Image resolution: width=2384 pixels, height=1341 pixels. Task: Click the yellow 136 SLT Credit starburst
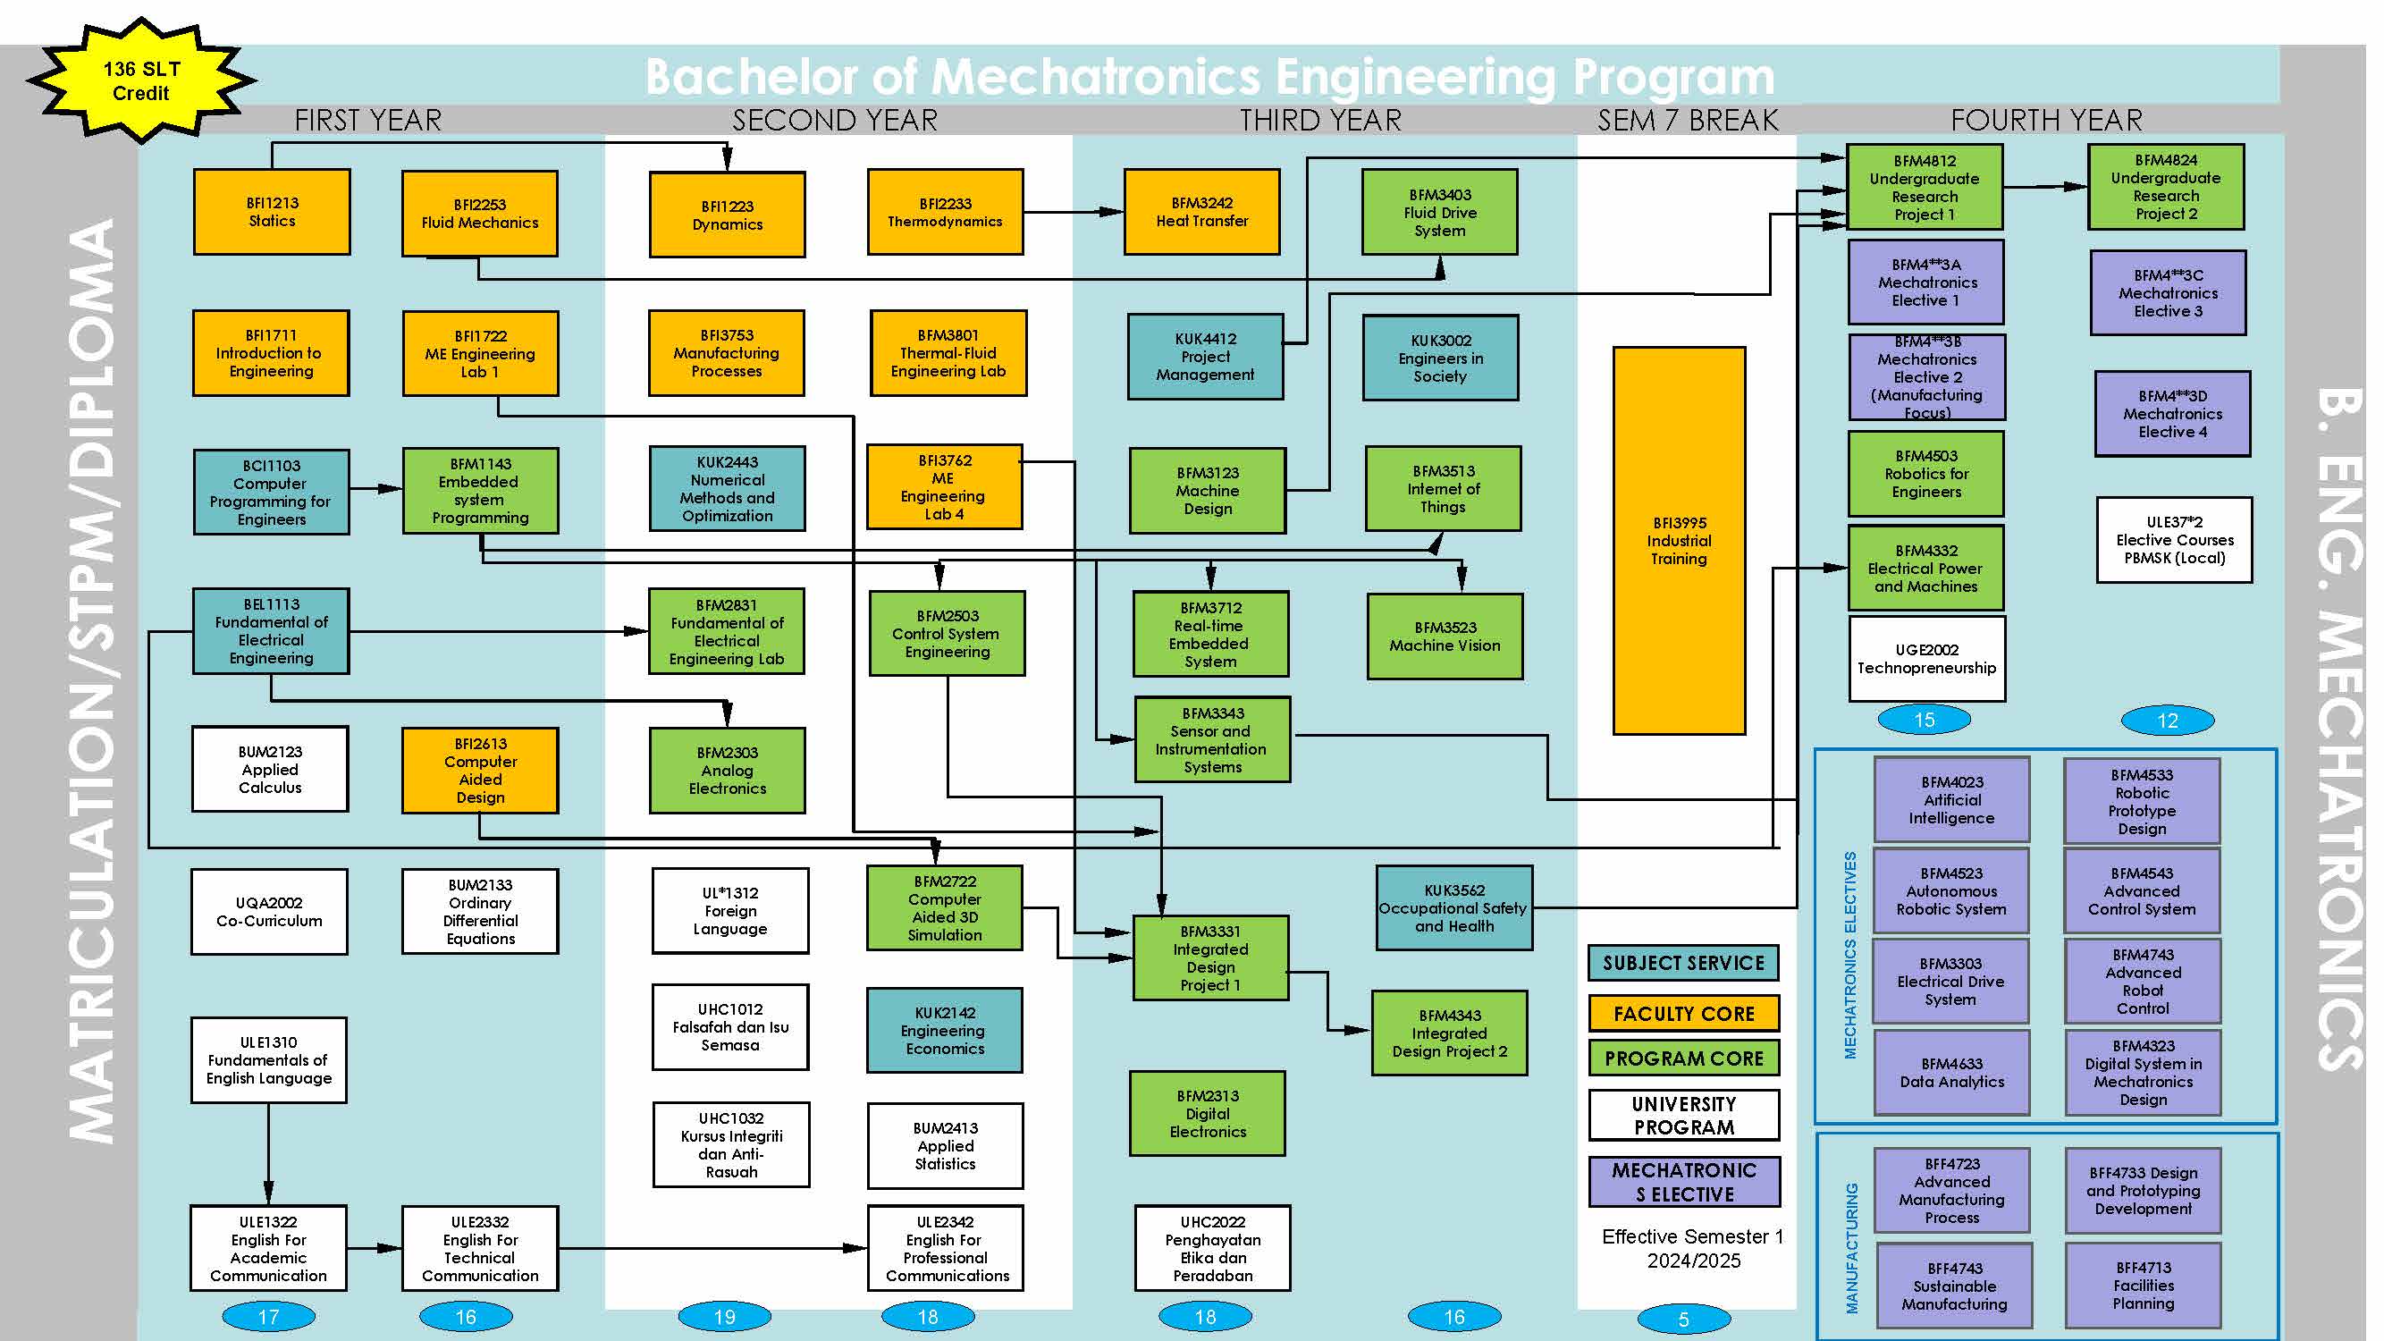(140, 80)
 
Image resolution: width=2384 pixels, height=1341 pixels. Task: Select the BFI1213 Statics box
(271, 211)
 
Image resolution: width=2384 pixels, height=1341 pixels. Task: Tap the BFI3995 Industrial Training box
(1678, 541)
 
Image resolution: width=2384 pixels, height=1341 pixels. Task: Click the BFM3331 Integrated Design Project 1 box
(1209, 957)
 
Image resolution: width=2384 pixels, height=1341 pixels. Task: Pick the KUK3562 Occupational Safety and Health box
(1453, 908)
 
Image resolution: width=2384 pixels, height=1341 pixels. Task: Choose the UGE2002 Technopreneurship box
(1926, 658)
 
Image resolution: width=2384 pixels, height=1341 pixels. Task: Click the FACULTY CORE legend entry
(1682, 1014)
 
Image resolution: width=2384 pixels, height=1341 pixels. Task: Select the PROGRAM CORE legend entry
(1682, 1058)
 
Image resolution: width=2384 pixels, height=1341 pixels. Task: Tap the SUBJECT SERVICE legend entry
(1682, 963)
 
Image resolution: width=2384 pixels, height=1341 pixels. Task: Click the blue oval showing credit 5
(1682, 1319)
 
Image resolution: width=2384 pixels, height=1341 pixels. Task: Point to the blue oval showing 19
(724, 1316)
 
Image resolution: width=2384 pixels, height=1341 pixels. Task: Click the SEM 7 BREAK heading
(1686, 121)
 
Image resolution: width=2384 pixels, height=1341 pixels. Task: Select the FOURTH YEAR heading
(2045, 121)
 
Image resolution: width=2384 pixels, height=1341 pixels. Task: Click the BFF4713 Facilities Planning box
(2143, 1285)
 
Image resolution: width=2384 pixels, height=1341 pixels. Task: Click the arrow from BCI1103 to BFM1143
(375, 488)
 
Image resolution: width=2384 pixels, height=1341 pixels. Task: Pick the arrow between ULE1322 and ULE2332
(374, 1247)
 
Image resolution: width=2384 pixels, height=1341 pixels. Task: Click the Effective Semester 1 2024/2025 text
(1692, 1247)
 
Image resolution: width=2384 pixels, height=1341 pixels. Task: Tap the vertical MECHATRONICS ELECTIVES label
(1849, 953)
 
